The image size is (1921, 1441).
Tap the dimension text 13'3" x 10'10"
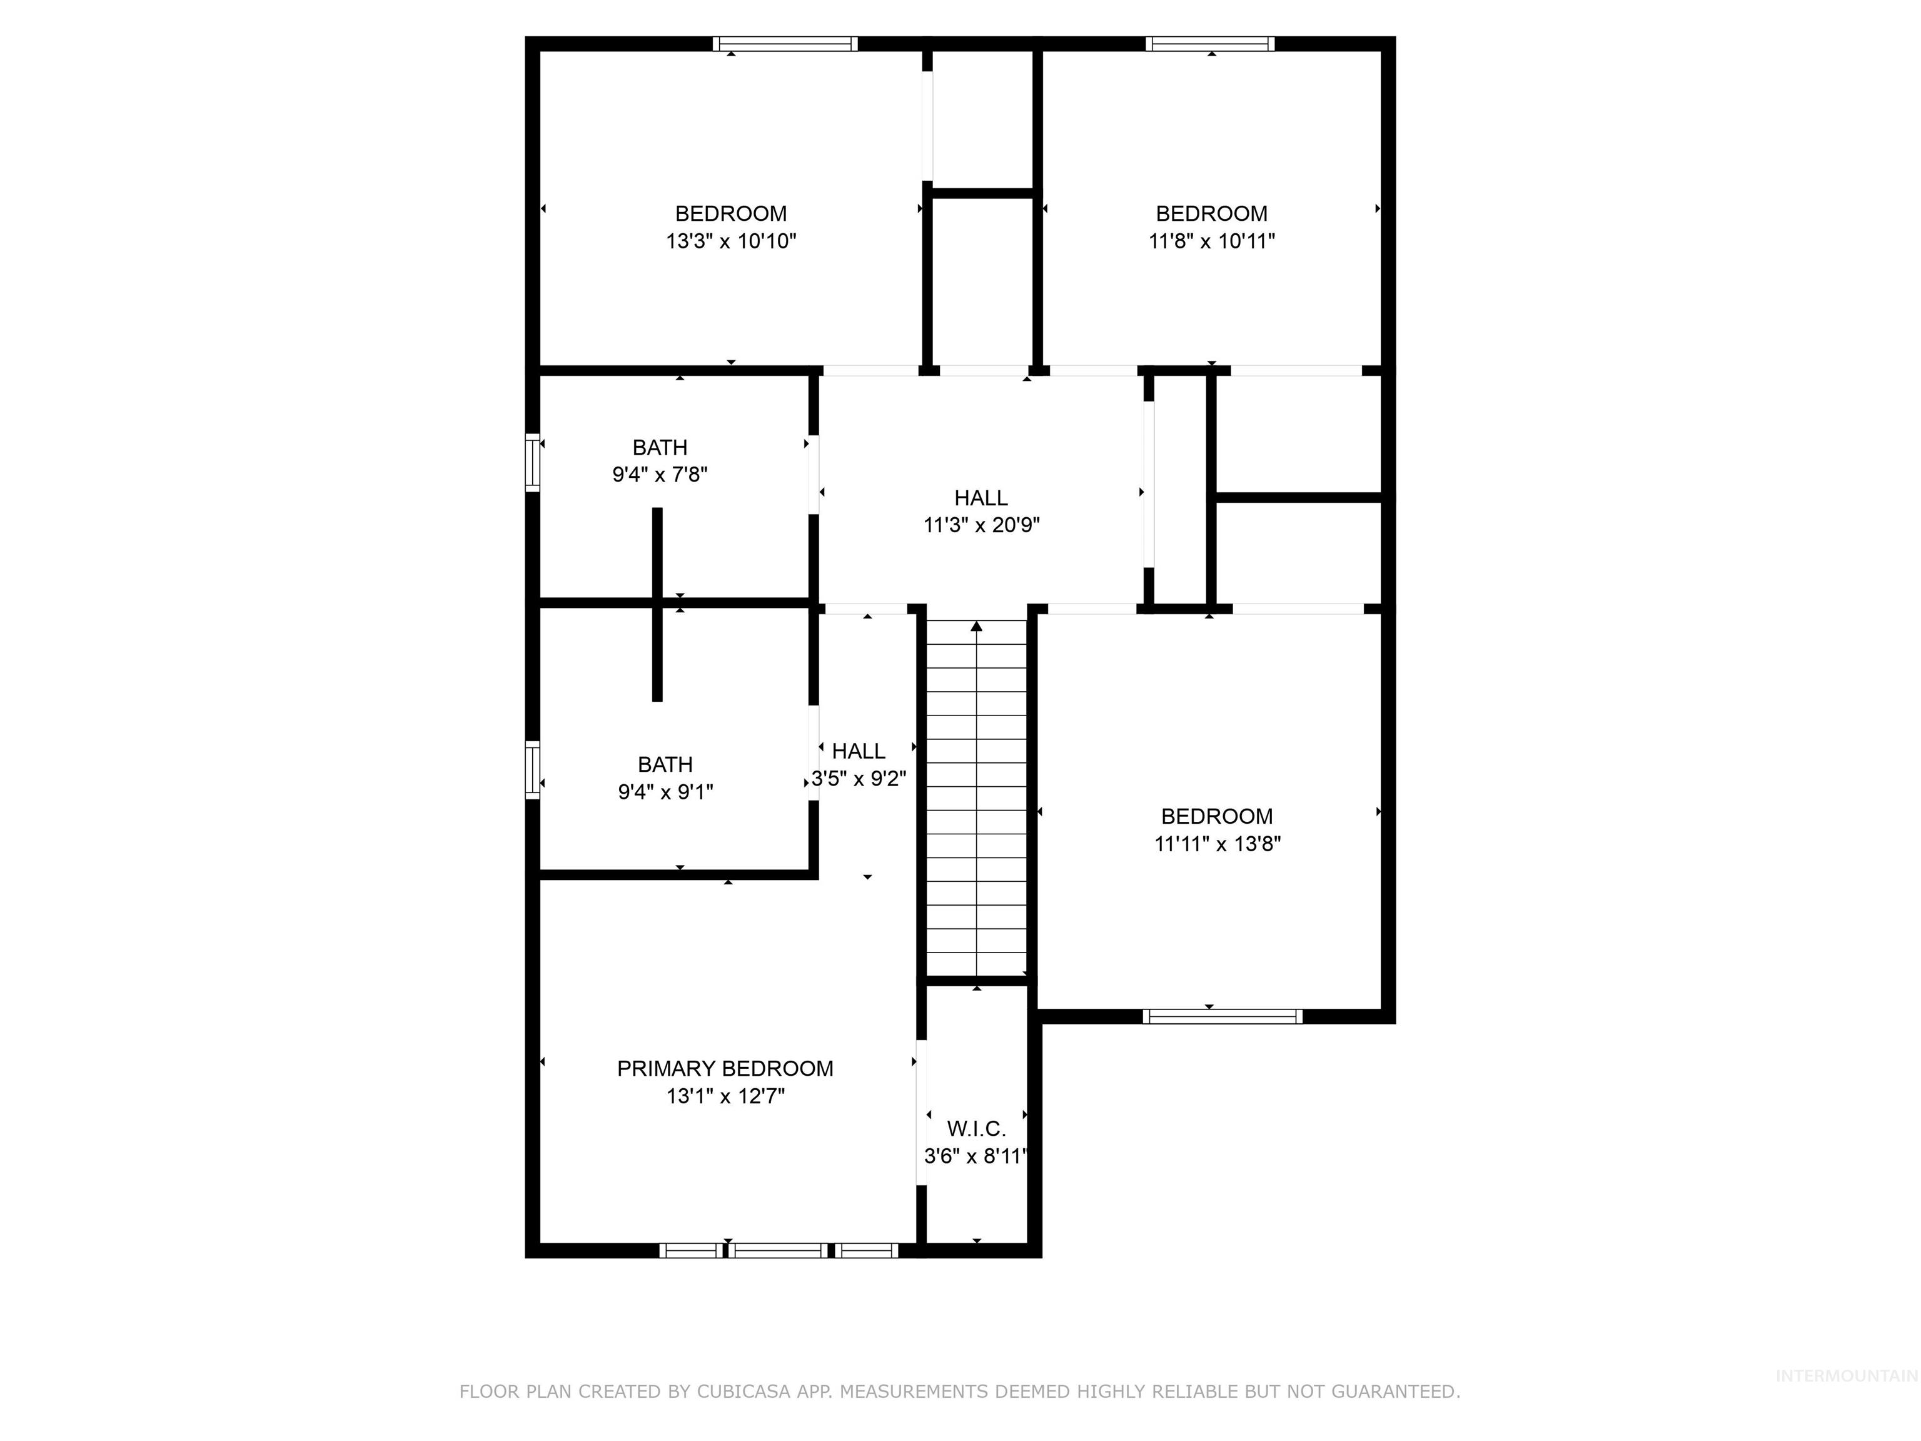pyautogui.click(x=730, y=241)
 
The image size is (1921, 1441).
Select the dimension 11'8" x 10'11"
pyautogui.click(x=1211, y=241)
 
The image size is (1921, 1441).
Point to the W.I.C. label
pyautogui.click(x=976, y=1128)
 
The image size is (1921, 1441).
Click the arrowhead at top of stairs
pyautogui.click(x=976, y=626)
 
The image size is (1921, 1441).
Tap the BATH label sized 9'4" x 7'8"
pyautogui.click(x=659, y=447)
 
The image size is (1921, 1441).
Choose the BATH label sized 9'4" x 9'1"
pyautogui.click(x=665, y=764)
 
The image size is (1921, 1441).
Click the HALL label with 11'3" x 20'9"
pyautogui.click(x=981, y=498)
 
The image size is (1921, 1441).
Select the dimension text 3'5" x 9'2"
pyautogui.click(x=859, y=778)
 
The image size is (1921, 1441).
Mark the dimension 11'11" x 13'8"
pyautogui.click(x=1217, y=844)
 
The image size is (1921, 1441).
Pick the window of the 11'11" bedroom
pyautogui.click(x=1222, y=1016)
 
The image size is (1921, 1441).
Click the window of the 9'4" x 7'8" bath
pyautogui.click(x=532, y=462)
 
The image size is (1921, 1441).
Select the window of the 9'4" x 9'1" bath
pyautogui.click(x=532, y=769)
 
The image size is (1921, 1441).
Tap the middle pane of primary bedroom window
pyautogui.click(x=777, y=1251)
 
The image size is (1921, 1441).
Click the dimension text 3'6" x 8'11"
pyautogui.click(x=976, y=1156)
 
